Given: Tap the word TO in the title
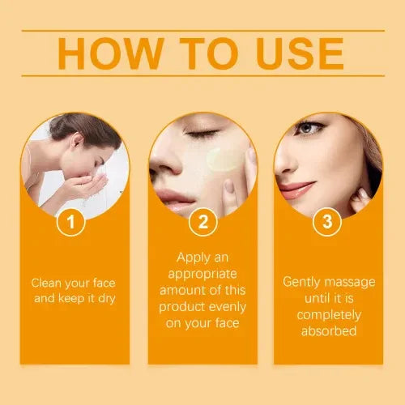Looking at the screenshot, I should pos(198,53).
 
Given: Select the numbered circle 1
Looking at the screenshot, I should pos(72,221).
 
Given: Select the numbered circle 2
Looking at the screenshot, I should pos(202,221).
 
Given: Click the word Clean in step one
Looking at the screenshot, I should pos(48,283).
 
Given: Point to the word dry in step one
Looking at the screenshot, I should pos(108,298).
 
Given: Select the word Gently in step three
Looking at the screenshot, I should pos(302,283).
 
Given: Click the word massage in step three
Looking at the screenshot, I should pos(349,283).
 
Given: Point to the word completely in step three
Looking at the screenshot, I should pos(327,314).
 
